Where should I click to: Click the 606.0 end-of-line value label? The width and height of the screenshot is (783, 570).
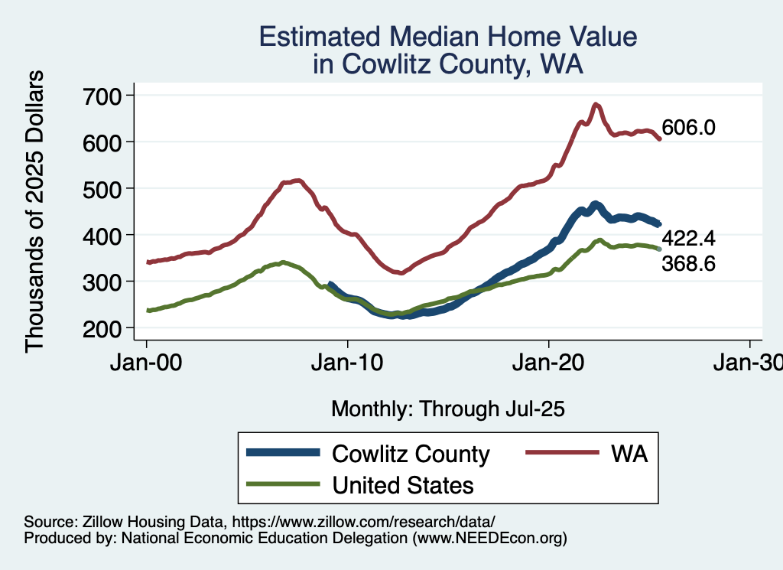[x=688, y=128]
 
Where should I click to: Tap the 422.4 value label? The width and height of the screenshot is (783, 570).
[x=688, y=239]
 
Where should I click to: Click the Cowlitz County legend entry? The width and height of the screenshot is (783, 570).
[x=411, y=454]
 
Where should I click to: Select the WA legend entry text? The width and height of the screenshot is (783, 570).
[x=629, y=454]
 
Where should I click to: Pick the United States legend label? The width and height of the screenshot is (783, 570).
[x=403, y=485]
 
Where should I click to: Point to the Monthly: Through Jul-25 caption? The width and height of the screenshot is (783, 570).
[x=447, y=409]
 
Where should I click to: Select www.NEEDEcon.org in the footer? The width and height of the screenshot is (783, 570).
[x=489, y=539]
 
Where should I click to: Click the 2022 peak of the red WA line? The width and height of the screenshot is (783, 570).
[x=596, y=104]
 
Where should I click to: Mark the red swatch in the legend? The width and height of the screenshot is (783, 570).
[x=561, y=454]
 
